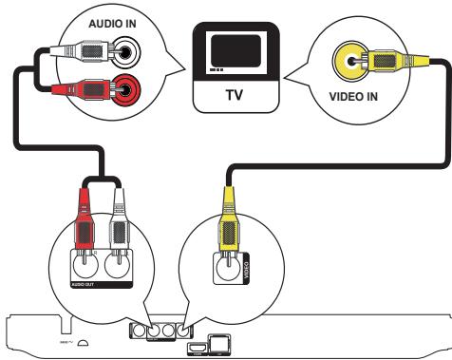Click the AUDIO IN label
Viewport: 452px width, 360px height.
(112, 20)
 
